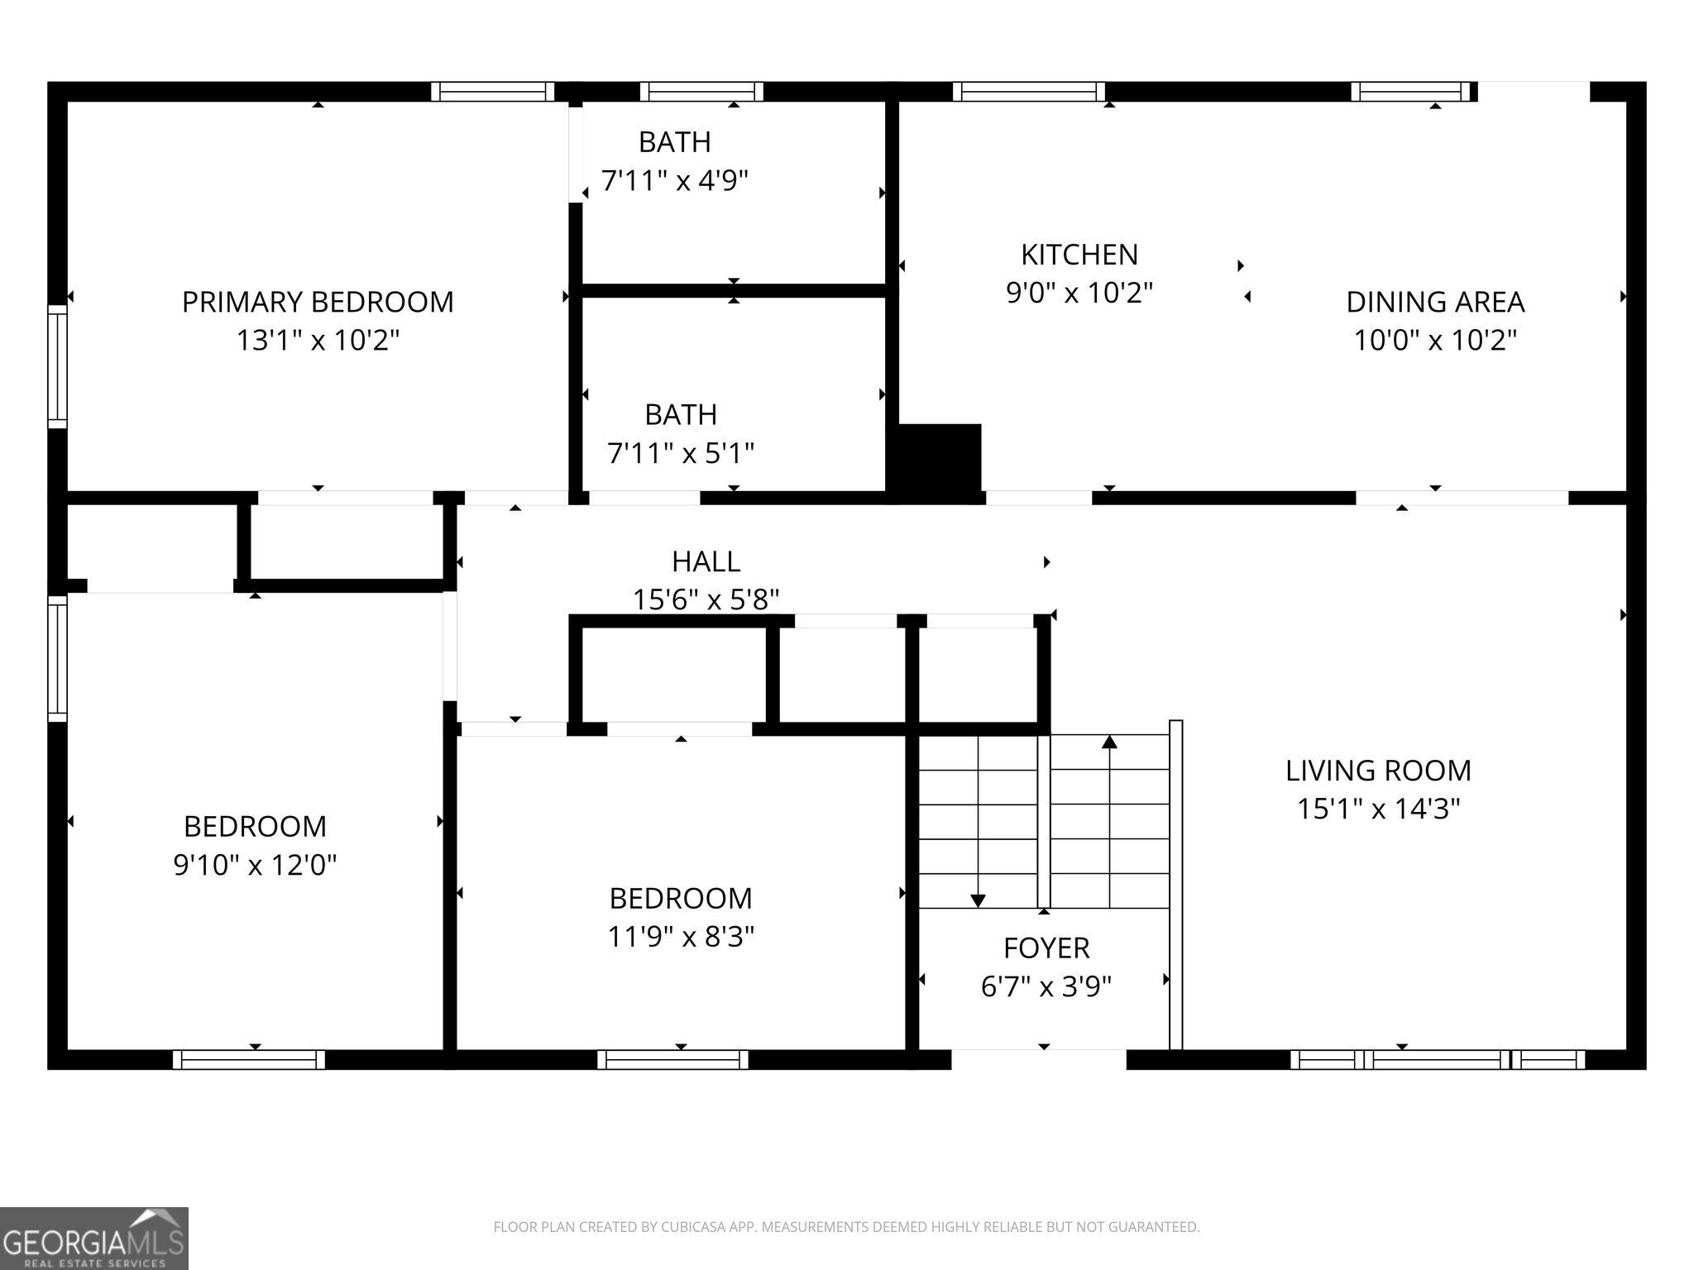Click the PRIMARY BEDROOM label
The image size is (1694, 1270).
[318, 302]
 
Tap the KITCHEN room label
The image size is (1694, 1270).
[1079, 255]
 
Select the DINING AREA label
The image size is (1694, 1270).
[1435, 302]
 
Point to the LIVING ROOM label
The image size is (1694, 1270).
[1378, 771]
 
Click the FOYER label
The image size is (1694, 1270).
[1046, 948]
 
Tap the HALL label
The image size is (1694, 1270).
[706, 561]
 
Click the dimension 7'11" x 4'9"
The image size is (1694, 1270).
[675, 180]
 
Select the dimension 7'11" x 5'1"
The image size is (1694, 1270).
[681, 453]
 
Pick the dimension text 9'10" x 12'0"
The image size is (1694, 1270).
[255, 865]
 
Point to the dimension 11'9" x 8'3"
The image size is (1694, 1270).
[681, 937]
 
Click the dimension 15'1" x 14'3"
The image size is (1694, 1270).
[1378, 809]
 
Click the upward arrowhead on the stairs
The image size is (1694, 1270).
[1110, 742]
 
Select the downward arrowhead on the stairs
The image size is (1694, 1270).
[978, 900]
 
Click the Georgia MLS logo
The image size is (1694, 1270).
[94, 1239]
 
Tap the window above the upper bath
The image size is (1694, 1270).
[701, 91]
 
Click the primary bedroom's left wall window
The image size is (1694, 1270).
[57, 366]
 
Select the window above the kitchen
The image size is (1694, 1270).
[1028, 91]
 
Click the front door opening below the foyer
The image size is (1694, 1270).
[1039, 1059]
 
